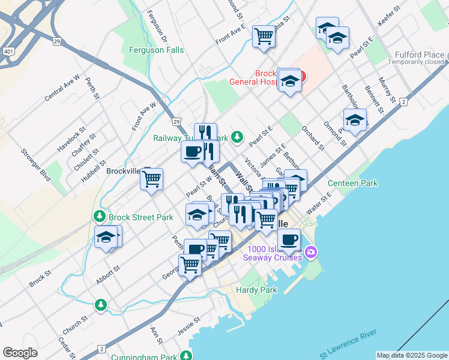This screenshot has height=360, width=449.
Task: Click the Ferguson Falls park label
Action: [152, 50]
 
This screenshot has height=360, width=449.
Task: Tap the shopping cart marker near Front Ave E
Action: [264, 36]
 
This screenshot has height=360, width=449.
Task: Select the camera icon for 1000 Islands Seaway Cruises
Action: [310, 251]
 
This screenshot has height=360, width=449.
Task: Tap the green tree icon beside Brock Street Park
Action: [98, 215]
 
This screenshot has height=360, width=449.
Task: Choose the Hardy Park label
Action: [256, 290]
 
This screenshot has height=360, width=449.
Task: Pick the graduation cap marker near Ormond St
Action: [355, 120]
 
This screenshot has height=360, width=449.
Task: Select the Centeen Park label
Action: [352, 183]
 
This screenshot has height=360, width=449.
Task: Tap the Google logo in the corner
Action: [20, 353]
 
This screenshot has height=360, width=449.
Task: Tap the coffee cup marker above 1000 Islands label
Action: [289, 239]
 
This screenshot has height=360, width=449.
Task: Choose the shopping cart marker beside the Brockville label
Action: [152, 179]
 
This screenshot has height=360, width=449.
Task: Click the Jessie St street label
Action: [188, 329]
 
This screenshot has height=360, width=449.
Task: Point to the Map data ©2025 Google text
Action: [412, 355]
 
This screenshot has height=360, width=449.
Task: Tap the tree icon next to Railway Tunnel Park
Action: [238, 137]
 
